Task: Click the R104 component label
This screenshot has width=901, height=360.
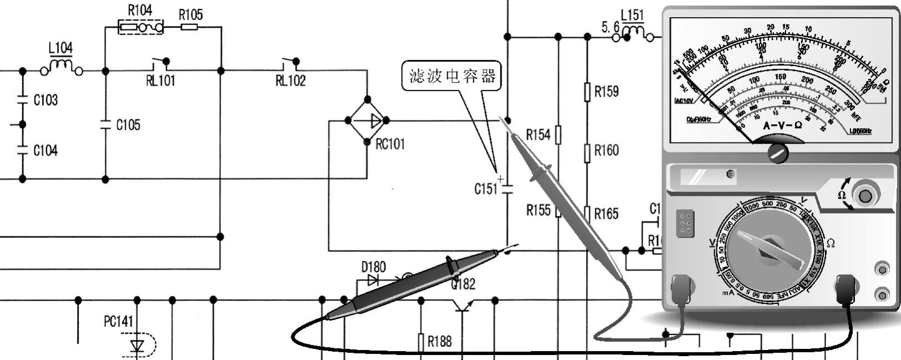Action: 140,10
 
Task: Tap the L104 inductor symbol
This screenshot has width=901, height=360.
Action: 62,68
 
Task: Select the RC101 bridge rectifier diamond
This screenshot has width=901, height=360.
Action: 367,120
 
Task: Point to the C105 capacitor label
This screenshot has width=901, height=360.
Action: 128,125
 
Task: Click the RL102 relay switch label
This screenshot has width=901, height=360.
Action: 290,81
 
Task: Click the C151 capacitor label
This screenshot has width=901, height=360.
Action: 485,189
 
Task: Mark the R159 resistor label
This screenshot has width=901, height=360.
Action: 606,92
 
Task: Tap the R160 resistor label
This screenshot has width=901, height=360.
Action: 606,150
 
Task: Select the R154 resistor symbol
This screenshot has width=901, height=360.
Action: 558,135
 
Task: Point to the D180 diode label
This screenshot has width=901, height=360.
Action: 373,267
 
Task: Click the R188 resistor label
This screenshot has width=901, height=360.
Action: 439,342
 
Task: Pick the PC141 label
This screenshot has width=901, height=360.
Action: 118,322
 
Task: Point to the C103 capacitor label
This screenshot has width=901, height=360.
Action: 45,100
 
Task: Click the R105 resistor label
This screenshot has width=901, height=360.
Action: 190,15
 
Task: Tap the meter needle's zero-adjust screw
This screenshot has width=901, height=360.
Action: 778,153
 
